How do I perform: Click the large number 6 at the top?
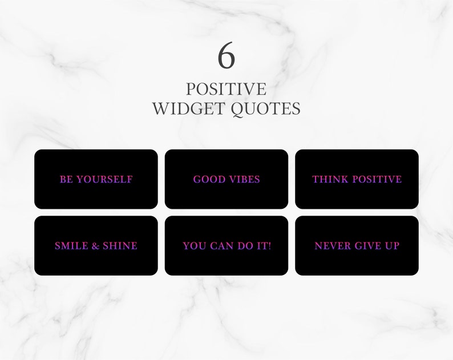click(x=226, y=55)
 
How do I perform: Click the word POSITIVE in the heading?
click(x=226, y=89)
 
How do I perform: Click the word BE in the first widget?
click(x=66, y=179)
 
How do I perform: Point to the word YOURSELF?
click(x=104, y=179)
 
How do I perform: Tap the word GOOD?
click(x=209, y=179)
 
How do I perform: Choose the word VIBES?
click(x=245, y=179)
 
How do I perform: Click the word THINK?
click(x=330, y=179)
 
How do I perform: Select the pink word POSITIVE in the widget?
click(x=377, y=179)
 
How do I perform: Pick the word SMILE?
click(x=72, y=246)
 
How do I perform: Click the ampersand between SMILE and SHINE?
click(x=96, y=246)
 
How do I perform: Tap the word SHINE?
click(x=120, y=246)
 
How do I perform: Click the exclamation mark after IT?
click(x=269, y=246)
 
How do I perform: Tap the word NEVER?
click(x=333, y=246)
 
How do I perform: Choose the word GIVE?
click(x=368, y=246)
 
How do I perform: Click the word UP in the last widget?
click(x=392, y=246)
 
